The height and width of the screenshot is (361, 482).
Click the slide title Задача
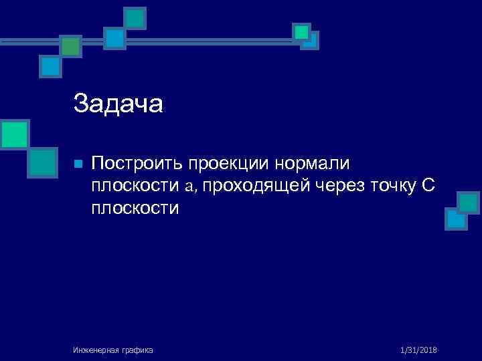tap(118, 104)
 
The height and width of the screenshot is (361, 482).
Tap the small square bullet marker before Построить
tap(78, 164)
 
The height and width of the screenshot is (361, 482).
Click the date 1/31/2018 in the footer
tap(418, 350)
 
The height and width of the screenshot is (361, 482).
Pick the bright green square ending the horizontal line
tap(302, 31)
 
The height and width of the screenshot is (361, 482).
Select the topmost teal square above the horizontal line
tap(135, 18)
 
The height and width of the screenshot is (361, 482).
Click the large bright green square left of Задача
tap(13, 134)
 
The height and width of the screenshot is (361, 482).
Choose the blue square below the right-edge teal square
tap(456, 219)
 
